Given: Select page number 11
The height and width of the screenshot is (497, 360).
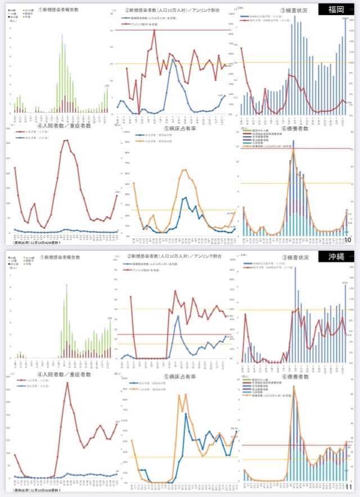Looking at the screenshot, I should [x=348, y=487].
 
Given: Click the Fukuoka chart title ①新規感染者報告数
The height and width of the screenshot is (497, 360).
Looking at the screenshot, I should [x=59, y=10].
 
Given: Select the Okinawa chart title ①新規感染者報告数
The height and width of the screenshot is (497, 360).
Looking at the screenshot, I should [x=59, y=257].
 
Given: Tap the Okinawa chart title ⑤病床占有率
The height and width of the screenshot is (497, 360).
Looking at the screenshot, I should [x=179, y=376].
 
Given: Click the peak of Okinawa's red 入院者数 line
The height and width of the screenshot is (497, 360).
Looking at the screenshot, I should [x=67, y=383].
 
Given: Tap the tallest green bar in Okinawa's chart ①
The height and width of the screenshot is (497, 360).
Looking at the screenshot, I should [x=66, y=285].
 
